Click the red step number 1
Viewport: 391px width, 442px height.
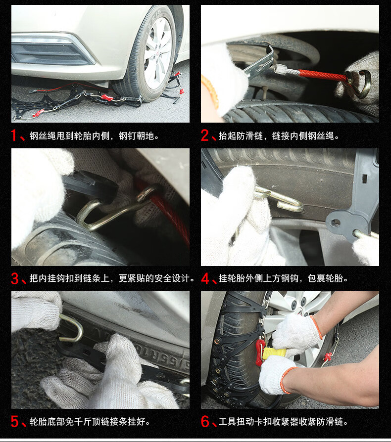pos(14,135)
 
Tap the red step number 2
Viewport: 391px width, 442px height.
pos(205,135)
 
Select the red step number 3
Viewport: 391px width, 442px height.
pos(15,278)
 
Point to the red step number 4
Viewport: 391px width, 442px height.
pos(205,278)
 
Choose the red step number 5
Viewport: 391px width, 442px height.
pos(15,421)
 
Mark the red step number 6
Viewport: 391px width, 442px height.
pos(205,421)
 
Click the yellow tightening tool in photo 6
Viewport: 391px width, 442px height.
pos(274,353)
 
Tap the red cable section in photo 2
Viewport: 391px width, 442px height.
pos(323,75)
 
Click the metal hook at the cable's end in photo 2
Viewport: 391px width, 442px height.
pos(359,84)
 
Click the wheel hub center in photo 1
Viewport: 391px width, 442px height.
pos(158,53)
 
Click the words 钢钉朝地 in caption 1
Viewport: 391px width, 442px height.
pos(136,136)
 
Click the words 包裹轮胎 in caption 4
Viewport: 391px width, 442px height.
pos(325,278)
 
